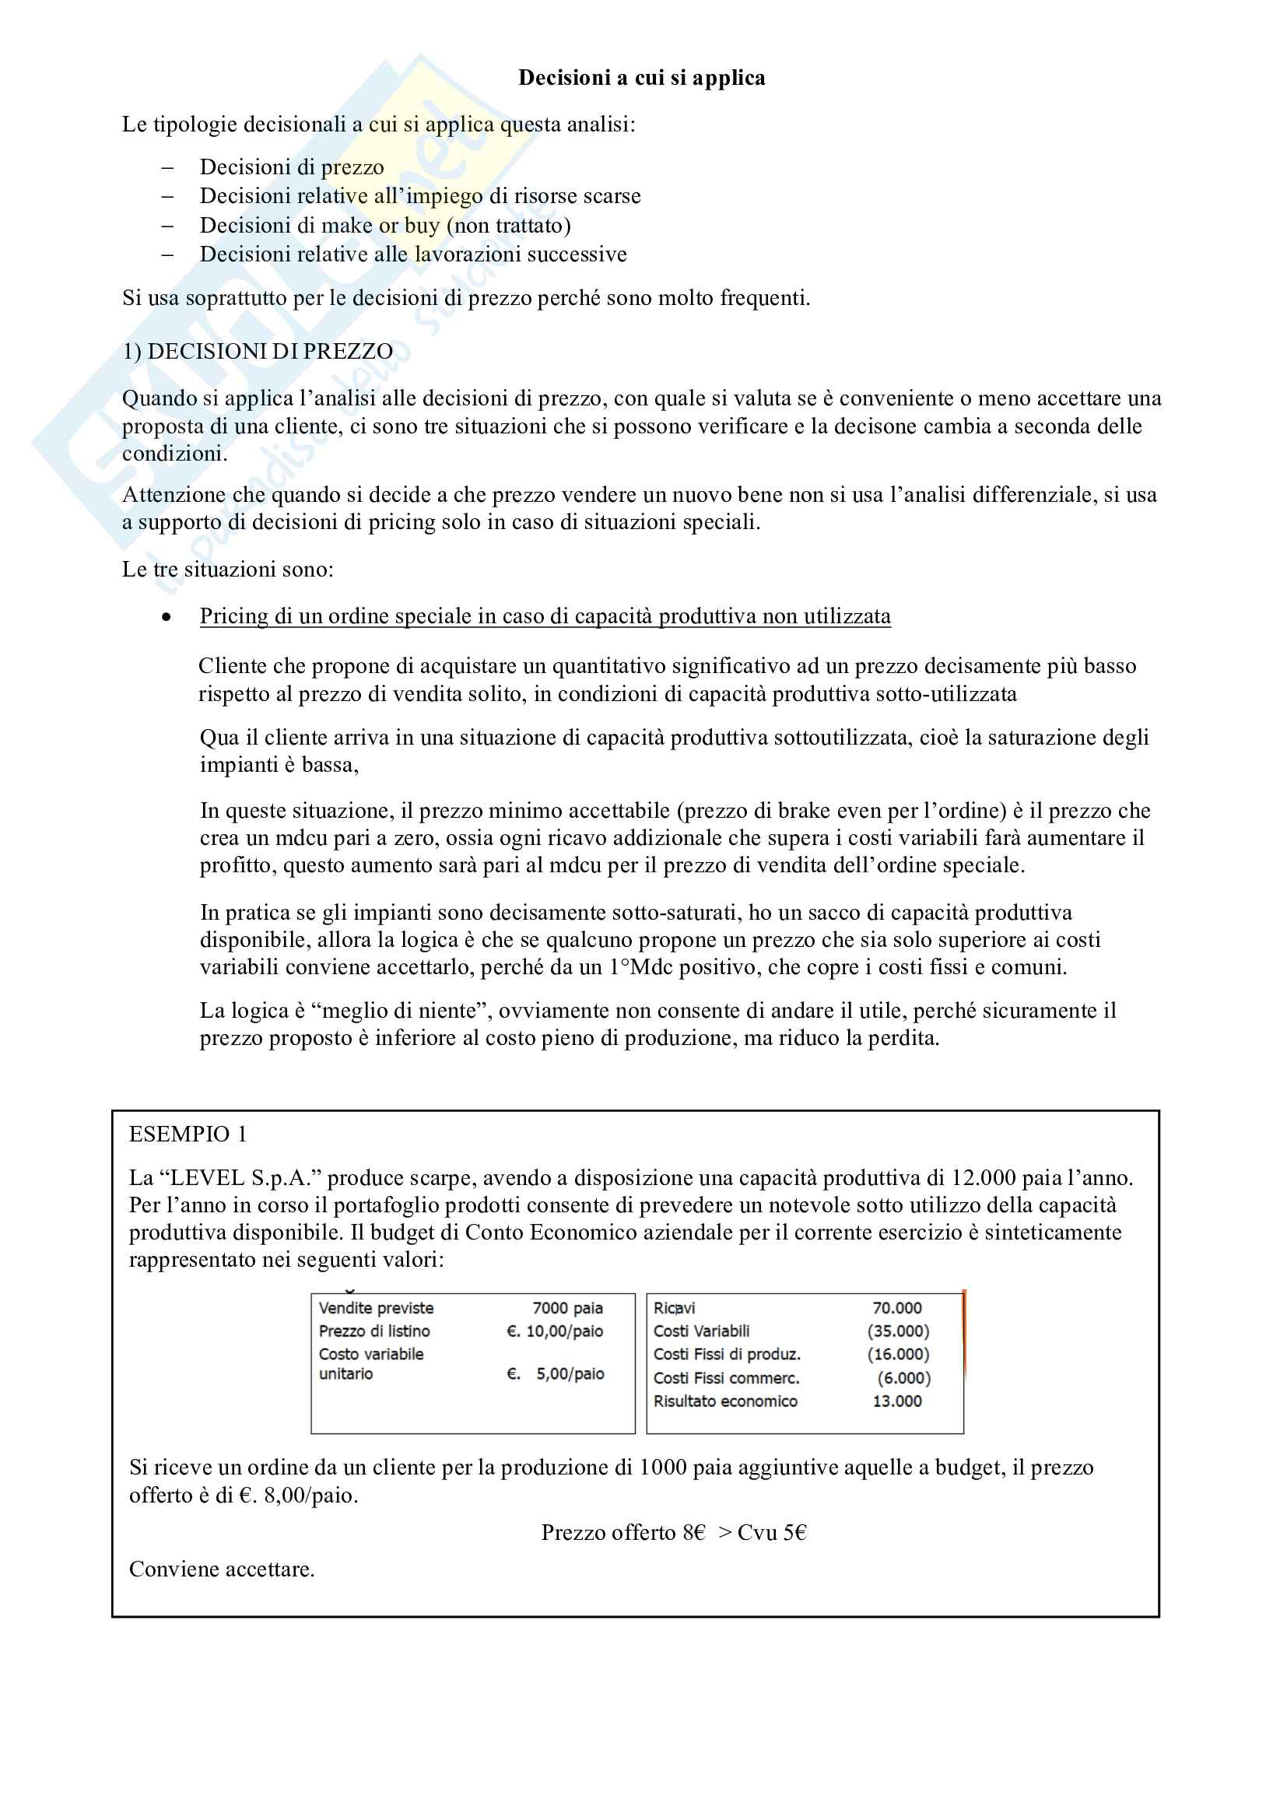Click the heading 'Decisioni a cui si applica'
(641, 78)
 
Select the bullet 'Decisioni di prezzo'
(292, 167)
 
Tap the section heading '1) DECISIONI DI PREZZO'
(258, 351)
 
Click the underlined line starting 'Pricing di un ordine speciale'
(545, 616)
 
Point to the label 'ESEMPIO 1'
(188, 1134)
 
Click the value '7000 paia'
(567, 1308)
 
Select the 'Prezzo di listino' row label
(374, 1331)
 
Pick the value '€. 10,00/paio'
(555, 1331)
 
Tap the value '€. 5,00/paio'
(556, 1373)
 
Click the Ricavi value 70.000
(897, 1308)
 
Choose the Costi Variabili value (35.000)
(898, 1331)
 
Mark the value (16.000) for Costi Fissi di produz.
(898, 1354)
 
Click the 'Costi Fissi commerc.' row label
(726, 1378)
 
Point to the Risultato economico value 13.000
(897, 1401)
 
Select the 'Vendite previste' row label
(376, 1308)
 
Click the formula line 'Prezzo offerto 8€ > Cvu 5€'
(674, 1532)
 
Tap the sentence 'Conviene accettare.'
(222, 1569)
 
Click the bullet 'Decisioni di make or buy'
(385, 226)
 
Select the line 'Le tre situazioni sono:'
(227, 569)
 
